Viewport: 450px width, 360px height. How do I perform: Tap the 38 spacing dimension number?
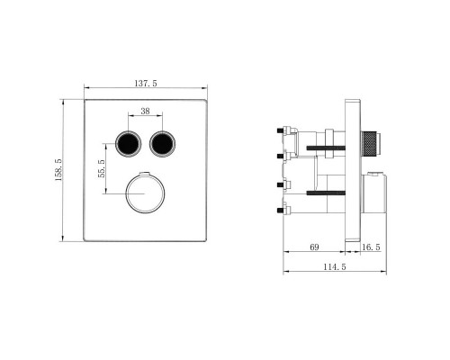[146, 112]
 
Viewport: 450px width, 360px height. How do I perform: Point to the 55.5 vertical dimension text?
[102, 167]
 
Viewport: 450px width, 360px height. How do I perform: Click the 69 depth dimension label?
[314, 245]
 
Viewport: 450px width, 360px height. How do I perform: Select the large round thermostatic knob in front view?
[144, 191]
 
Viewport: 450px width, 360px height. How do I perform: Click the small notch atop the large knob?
[144, 172]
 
